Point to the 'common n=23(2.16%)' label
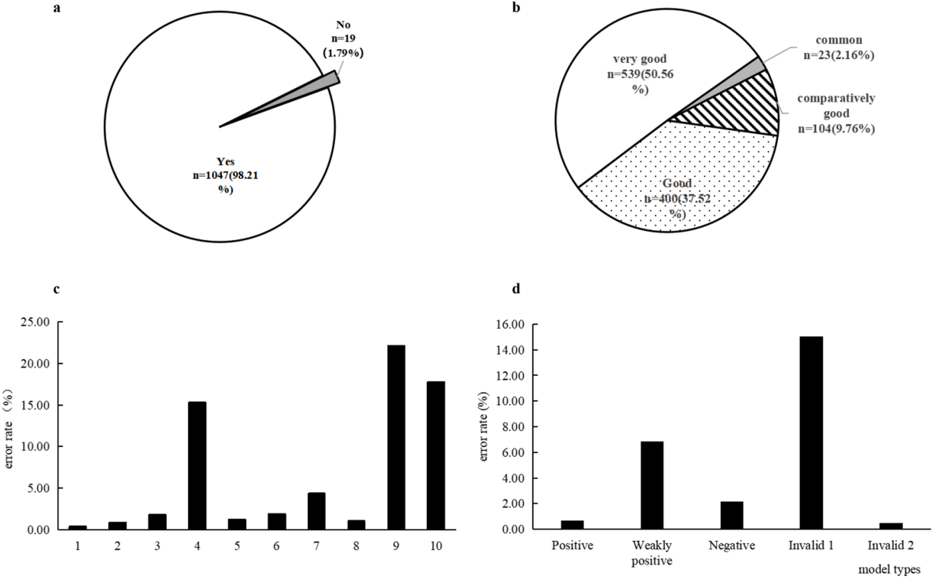pyautogui.click(x=839, y=48)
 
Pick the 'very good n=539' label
pyautogui.click(x=640, y=74)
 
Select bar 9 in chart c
pyautogui.click(x=396, y=438)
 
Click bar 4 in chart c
pyautogui.click(x=197, y=465)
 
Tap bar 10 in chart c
pyautogui.click(x=436, y=455)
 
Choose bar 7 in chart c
pyautogui.click(x=316, y=511)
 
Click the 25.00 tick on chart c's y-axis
pyautogui.click(x=34, y=322)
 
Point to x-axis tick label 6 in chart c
pyautogui.click(x=277, y=546)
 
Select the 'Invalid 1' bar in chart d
pyautogui.click(x=811, y=433)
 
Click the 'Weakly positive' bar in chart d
pyautogui.click(x=652, y=485)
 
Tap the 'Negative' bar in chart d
pyautogui.click(x=732, y=515)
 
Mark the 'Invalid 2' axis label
pyautogui.click(x=890, y=546)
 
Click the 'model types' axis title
pyautogui.click(x=889, y=569)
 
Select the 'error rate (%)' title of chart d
pyautogui.click(x=483, y=426)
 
